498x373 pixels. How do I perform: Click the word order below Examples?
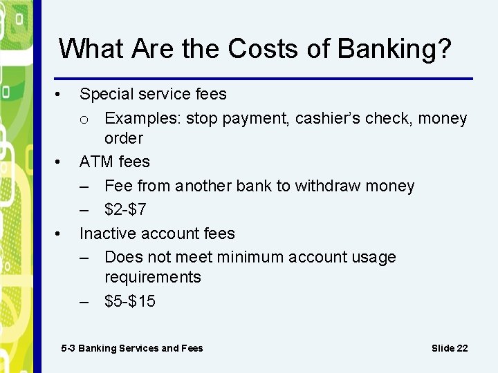(123, 138)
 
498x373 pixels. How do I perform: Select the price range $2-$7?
(125, 209)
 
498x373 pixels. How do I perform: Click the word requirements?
(152, 277)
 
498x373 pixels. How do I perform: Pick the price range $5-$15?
(130, 301)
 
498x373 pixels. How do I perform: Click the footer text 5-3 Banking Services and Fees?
(132, 348)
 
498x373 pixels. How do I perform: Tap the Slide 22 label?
(450, 348)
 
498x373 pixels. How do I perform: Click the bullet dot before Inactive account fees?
(61, 233)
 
